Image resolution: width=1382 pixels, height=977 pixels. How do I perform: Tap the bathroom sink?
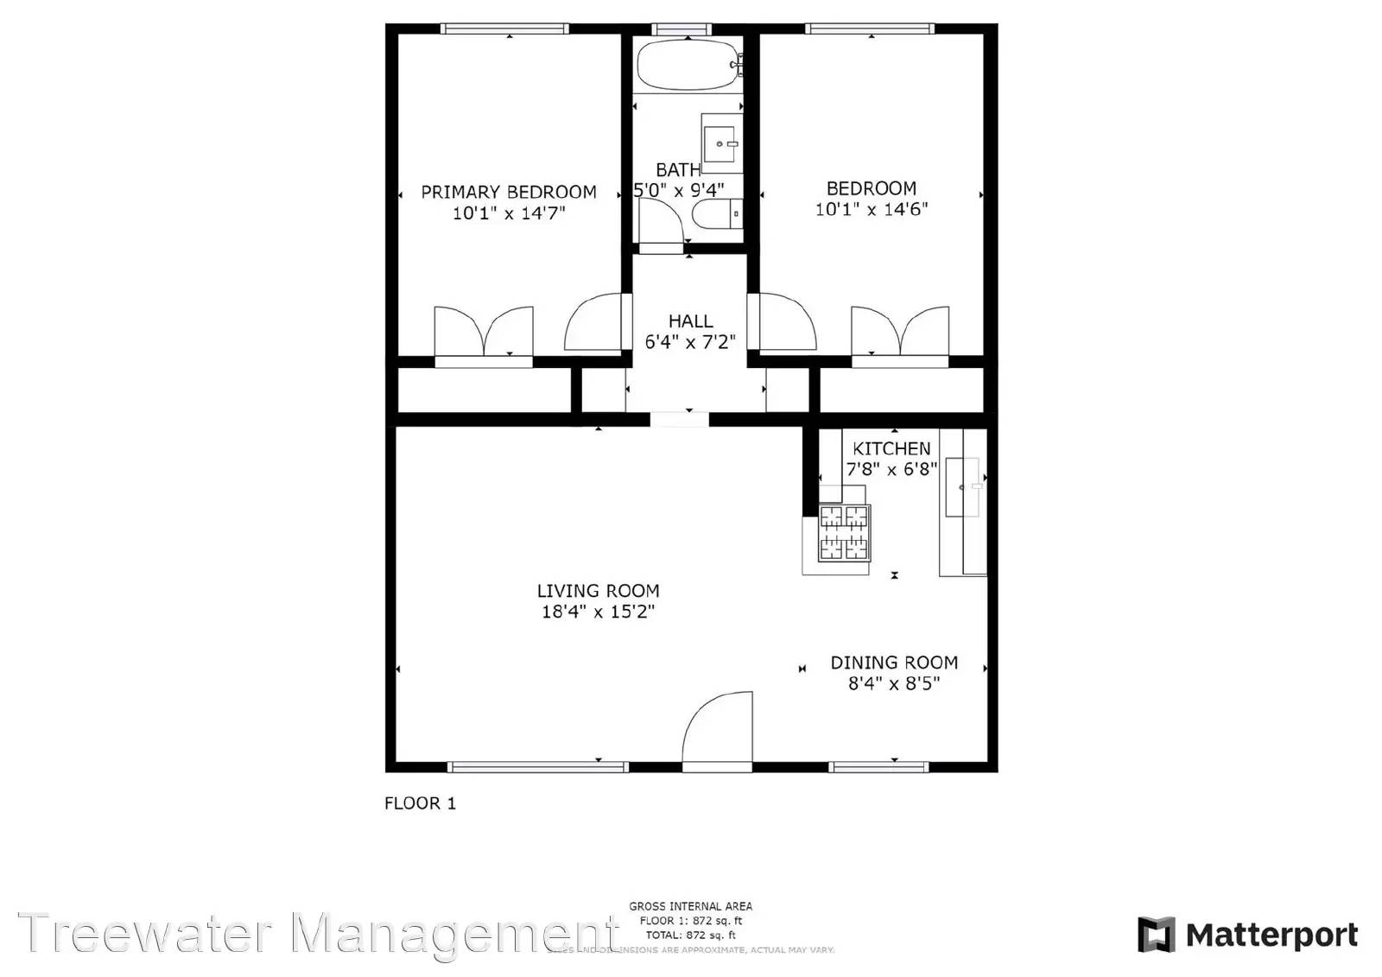(x=720, y=143)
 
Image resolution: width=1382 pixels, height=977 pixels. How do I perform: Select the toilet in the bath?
(x=717, y=213)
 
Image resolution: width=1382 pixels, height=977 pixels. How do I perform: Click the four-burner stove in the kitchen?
(x=844, y=532)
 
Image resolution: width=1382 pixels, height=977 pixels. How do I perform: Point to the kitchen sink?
(x=962, y=487)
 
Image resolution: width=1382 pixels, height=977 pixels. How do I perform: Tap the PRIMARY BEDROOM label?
(x=509, y=192)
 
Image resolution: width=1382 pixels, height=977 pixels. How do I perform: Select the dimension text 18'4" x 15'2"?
(x=598, y=612)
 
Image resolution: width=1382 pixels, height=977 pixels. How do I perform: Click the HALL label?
(x=690, y=321)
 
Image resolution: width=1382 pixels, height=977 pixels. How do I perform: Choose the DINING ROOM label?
(x=894, y=663)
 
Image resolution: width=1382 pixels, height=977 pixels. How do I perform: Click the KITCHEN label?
(x=891, y=448)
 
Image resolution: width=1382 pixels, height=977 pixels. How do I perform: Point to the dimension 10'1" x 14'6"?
(x=871, y=209)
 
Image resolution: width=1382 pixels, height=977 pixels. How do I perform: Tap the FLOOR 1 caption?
(x=420, y=803)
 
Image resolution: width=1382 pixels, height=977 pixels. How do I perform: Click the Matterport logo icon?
(x=1156, y=935)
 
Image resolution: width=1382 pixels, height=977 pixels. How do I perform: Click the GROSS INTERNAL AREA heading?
(x=690, y=906)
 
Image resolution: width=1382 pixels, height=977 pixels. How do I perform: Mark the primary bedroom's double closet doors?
(x=483, y=332)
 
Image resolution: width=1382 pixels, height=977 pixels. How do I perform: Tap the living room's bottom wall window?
(x=537, y=766)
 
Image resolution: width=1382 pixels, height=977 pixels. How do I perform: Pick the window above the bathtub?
(x=682, y=29)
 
